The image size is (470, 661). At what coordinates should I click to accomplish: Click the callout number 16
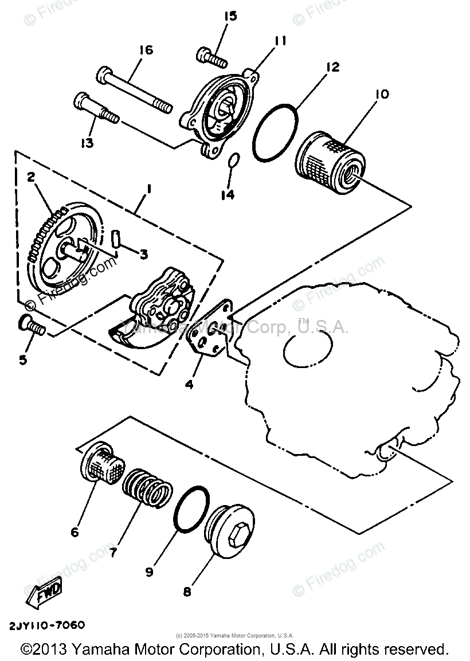(146, 51)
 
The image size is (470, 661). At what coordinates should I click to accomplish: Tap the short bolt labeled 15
(211, 56)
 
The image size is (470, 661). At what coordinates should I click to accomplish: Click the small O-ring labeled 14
(232, 162)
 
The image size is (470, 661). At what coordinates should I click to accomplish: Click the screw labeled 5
(32, 325)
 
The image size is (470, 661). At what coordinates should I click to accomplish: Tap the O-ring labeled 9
(190, 510)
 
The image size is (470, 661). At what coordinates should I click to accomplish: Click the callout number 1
(148, 189)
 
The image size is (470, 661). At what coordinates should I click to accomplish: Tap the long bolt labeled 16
(135, 89)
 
